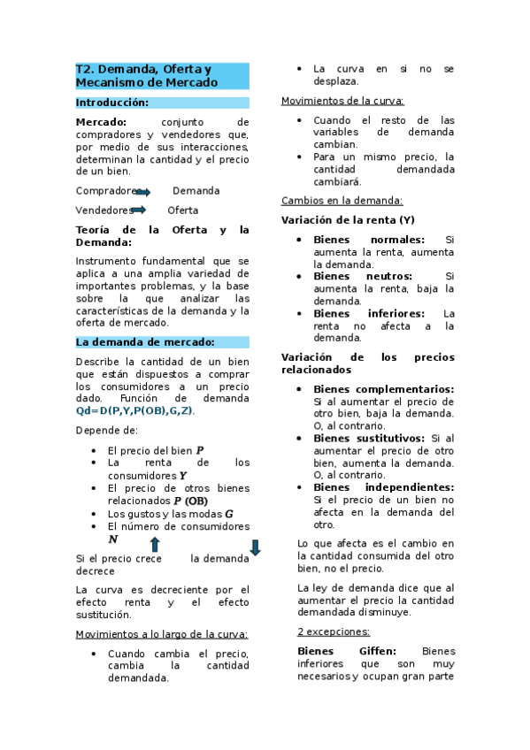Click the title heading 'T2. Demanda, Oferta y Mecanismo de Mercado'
(x=147, y=75)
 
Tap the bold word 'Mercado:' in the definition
(x=101, y=122)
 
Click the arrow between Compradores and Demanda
(x=143, y=192)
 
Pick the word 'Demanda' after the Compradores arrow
(x=196, y=191)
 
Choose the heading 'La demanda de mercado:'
(x=144, y=342)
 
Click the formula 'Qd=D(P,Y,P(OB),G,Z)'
(x=134, y=411)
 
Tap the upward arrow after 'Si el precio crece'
(x=154, y=545)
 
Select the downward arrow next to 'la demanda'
(x=255, y=548)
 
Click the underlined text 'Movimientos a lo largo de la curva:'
(x=161, y=634)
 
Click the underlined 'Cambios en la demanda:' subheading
(x=341, y=201)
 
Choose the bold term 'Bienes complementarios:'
(x=383, y=389)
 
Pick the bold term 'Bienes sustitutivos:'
(x=369, y=438)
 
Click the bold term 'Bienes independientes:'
(x=383, y=487)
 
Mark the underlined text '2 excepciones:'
(x=334, y=631)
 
